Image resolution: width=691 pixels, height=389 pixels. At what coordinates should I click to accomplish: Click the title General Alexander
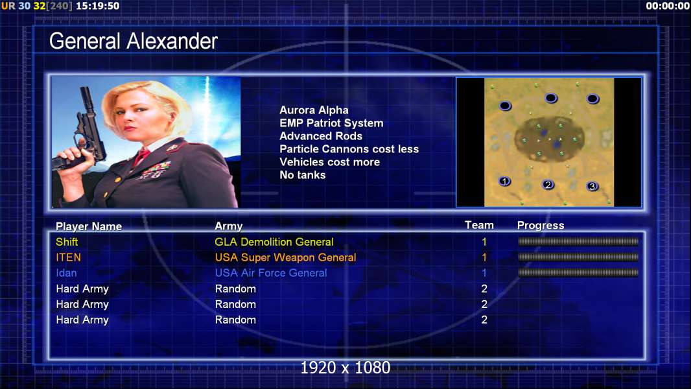click(x=133, y=41)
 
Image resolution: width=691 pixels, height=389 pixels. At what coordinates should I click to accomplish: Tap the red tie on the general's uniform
click(x=141, y=156)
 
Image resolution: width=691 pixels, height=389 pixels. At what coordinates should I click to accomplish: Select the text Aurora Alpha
click(x=314, y=110)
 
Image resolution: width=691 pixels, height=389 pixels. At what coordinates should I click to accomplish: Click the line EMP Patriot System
click(x=331, y=123)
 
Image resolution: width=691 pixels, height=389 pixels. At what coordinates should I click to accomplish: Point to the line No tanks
click(x=303, y=175)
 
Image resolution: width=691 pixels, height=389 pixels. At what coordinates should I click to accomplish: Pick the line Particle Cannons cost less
click(x=349, y=149)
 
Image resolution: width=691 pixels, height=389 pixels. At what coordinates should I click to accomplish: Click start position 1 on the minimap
click(x=504, y=181)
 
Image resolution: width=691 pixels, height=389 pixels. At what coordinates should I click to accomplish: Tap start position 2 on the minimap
click(x=548, y=185)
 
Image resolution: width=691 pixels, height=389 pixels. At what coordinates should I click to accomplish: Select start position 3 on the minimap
click(x=592, y=186)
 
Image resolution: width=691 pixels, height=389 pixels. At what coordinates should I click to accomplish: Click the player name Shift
click(x=67, y=242)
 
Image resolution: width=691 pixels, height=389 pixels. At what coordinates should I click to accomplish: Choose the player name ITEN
click(x=68, y=257)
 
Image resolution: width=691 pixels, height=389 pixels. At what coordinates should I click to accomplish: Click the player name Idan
click(x=66, y=273)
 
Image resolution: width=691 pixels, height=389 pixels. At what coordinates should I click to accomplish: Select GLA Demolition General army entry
click(x=274, y=242)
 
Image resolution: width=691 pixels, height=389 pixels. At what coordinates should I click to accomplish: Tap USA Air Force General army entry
click(x=271, y=273)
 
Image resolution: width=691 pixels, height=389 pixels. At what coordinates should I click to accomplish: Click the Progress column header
click(x=541, y=226)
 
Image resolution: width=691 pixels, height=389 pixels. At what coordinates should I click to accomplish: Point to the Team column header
click(x=480, y=225)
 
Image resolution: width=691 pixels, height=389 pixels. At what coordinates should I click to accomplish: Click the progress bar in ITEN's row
click(x=578, y=257)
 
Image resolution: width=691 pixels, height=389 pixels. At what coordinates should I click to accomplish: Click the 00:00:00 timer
click(x=668, y=6)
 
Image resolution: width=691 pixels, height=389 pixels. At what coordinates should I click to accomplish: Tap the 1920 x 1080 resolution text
click(x=345, y=368)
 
